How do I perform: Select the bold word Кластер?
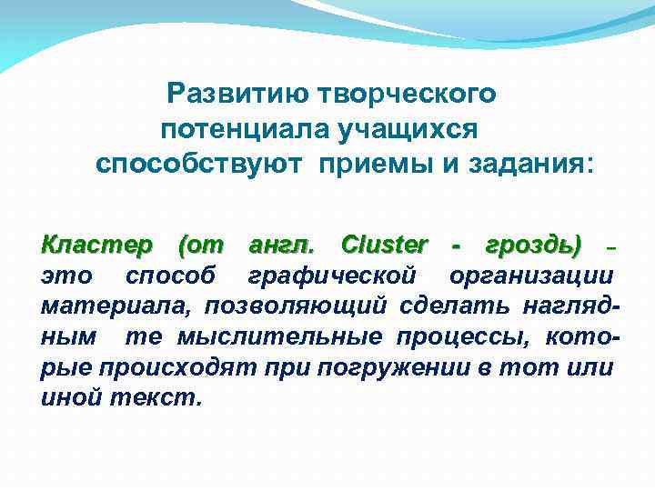pos(96,245)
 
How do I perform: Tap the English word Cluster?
pos(383,245)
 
